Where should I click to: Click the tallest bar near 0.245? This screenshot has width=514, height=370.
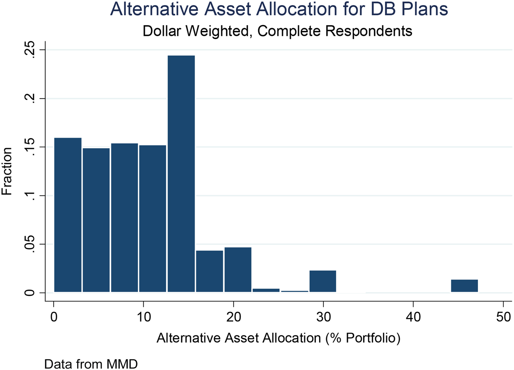click(x=181, y=174)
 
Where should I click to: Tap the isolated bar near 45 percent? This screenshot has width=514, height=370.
click(x=464, y=286)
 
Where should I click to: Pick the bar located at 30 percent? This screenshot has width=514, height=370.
click(x=323, y=281)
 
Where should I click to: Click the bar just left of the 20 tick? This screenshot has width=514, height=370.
click(x=209, y=271)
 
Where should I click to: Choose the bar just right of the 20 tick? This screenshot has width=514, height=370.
click(x=238, y=270)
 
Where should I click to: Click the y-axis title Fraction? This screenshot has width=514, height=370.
click(x=7, y=171)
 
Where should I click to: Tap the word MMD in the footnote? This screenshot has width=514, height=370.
click(x=122, y=364)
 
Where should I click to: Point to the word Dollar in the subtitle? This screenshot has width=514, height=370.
click(x=162, y=31)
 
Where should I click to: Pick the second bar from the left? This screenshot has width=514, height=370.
click(x=96, y=220)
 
